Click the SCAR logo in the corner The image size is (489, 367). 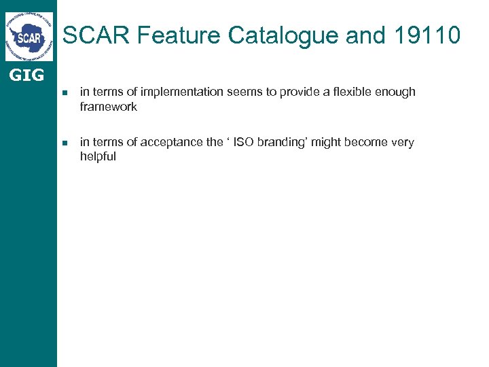[x=29, y=37]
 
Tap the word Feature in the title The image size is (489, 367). [x=168, y=35]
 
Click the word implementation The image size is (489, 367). [x=173, y=92]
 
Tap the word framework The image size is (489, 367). [x=108, y=107]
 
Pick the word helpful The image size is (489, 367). [x=98, y=156]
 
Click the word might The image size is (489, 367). [x=327, y=142]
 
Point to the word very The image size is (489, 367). [x=403, y=142]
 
